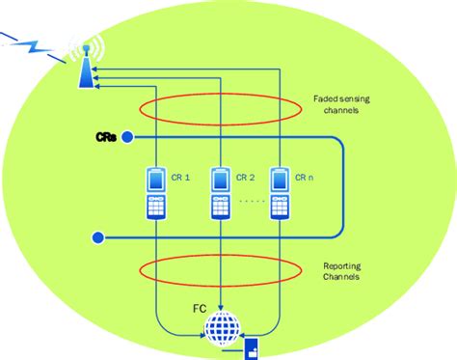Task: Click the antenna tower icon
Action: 86,62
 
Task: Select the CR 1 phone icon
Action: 154,193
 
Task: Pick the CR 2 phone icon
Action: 222,193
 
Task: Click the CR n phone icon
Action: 280,193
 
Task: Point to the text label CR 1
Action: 182,178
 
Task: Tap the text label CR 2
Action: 247,178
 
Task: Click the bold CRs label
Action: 107,138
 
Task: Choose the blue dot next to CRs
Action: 127,139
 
